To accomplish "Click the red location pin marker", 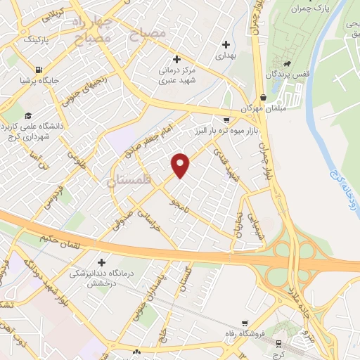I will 181,165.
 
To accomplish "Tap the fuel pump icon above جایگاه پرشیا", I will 37,70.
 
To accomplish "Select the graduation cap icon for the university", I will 27,116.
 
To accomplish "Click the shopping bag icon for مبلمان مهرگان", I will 262,98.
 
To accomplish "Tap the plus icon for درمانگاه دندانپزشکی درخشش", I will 103,262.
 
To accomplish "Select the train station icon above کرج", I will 284,345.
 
